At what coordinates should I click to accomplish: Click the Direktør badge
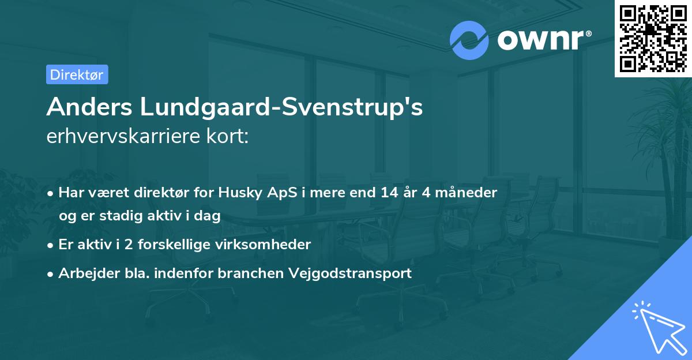pos(77,74)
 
